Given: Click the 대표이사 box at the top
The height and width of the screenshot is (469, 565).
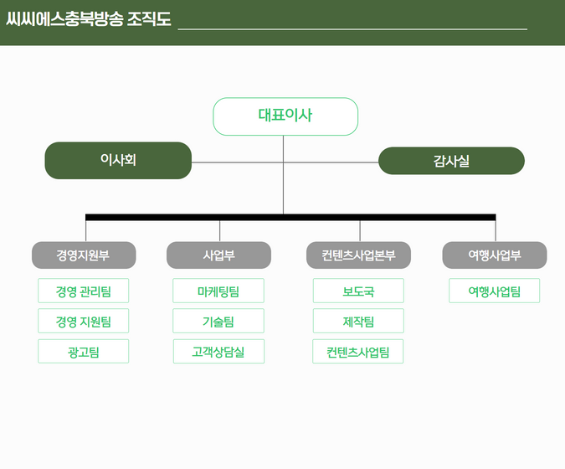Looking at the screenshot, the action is point(285,116).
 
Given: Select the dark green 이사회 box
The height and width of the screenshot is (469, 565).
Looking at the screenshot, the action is point(118,161).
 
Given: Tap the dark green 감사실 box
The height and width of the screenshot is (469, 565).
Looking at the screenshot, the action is point(451,161).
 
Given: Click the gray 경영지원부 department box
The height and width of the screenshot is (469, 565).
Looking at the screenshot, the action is point(84,255).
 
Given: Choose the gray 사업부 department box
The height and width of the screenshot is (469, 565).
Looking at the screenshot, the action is point(218,255).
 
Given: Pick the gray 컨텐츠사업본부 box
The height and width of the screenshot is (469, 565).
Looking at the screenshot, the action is point(358,255).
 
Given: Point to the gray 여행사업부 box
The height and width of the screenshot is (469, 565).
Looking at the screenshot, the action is point(495,255).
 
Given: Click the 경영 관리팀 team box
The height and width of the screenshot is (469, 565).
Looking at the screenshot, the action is point(83,291).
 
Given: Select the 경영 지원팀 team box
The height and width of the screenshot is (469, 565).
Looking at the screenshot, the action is point(83,321).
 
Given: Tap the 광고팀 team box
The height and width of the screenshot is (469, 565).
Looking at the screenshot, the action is point(83,351).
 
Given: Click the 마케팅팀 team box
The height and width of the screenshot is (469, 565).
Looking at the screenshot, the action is point(218,291).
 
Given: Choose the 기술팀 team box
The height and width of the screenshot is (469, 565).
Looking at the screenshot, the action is point(218,321).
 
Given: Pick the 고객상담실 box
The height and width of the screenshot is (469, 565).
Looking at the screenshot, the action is point(218,351).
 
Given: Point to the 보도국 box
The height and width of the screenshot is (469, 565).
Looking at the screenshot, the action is point(358,291).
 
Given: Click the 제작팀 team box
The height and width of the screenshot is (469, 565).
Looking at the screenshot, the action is point(358,321).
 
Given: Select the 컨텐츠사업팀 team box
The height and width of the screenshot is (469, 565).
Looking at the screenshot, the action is point(358,351).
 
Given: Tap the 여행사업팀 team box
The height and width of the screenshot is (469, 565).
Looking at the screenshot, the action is point(495,291).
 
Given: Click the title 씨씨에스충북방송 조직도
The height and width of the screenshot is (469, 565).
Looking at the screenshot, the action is point(89,18).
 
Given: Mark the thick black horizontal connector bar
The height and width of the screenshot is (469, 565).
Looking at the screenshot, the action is point(290,217).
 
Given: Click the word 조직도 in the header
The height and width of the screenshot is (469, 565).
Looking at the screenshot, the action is point(149,18).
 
